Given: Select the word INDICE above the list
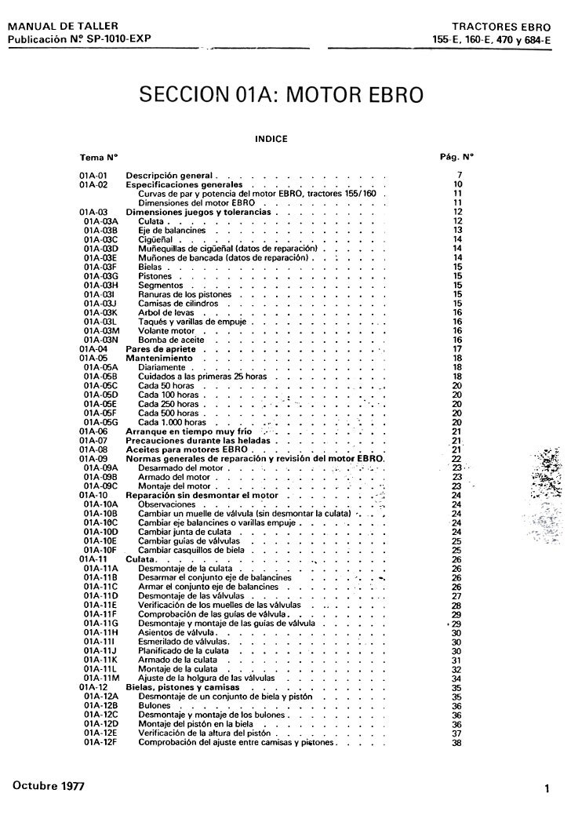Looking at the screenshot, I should pos(272,140).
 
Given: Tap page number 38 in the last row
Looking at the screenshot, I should pos(457,743).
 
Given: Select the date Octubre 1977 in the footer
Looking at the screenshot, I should pos(46,785).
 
